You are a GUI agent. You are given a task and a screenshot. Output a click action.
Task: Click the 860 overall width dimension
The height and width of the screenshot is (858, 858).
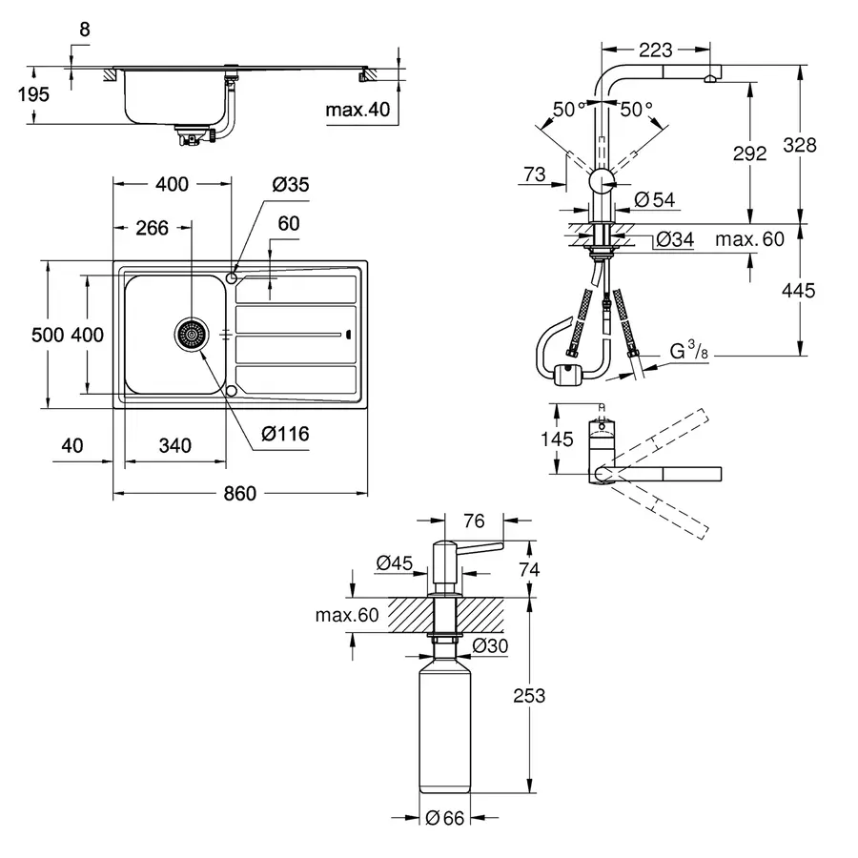point(240,494)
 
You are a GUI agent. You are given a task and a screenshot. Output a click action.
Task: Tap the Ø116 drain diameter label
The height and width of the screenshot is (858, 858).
point(285,434)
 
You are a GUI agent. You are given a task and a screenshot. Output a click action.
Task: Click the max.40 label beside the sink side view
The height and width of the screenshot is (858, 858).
point(357,111)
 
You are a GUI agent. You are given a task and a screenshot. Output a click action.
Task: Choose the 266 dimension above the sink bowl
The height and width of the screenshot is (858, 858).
point(152,227)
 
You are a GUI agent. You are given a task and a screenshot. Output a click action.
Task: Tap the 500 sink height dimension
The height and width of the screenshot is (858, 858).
point(47,335)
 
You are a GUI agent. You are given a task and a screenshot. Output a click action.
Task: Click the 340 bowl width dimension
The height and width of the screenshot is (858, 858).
point(175,445)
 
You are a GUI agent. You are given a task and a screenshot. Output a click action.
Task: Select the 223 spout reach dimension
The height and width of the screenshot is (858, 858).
point(656,50)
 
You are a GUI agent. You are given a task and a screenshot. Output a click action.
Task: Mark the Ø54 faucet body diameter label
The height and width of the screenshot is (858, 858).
point(653,199)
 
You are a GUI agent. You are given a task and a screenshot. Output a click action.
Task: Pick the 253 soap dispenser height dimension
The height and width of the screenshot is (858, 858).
point(528,695)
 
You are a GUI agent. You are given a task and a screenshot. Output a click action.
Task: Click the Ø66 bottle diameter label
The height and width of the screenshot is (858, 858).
point(444,817)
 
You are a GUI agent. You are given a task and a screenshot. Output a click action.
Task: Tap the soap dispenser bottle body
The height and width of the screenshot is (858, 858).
point(444,729)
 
